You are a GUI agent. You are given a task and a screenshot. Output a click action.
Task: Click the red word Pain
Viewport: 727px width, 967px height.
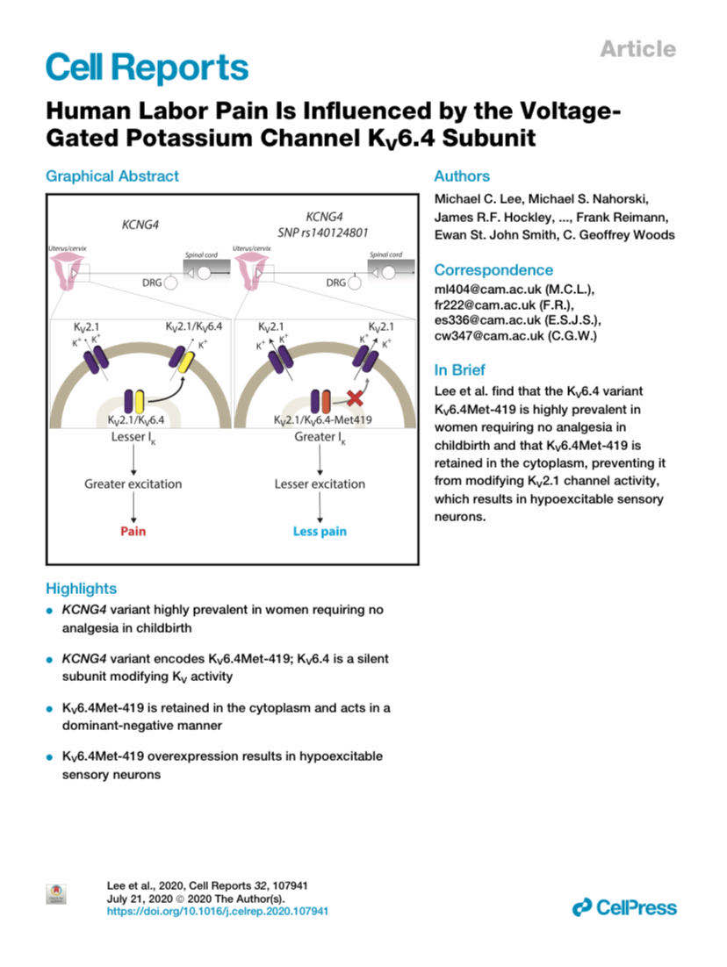(133, 531)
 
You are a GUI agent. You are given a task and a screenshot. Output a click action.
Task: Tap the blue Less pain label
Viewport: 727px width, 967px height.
(320, 531)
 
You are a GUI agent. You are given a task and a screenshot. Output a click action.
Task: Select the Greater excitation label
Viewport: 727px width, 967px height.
(133, 483)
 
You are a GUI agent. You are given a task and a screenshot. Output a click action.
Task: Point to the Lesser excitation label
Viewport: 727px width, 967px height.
(320, 483)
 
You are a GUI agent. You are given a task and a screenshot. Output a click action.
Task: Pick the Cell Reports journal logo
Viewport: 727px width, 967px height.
(146, 68)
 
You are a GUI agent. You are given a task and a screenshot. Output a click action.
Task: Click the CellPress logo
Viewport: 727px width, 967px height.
(623, 906)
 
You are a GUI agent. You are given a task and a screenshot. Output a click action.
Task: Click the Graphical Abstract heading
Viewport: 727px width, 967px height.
(112, 175)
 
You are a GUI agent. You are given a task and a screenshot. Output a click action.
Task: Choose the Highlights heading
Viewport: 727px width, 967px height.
(81, 588)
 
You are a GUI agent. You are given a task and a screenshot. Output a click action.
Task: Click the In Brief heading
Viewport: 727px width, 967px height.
(459, 370)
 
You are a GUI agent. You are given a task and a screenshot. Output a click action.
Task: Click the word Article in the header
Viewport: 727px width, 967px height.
(637, 49)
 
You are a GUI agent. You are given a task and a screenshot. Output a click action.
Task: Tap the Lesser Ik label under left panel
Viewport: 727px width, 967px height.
(133, 435)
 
